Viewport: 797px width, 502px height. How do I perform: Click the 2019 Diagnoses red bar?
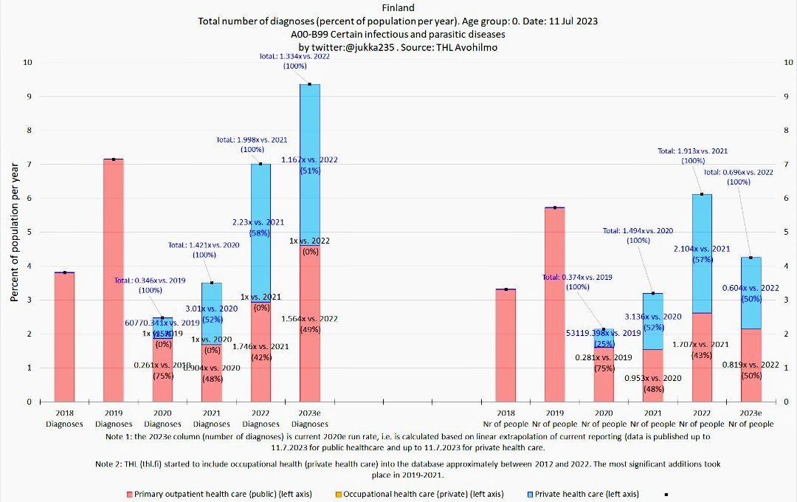pyautogui.click(x=113, y=281)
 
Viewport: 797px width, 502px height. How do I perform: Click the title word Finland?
pyautogui.click(x=398, y=8)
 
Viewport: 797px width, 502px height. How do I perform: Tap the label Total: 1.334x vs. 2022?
pyautogui.click(x=294, y=56)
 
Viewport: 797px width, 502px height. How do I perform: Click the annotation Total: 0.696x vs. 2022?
pyautogui.click(x=738, y=172)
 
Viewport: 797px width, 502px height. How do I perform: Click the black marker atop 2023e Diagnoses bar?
pyautogui.click(x=309, y=84)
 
